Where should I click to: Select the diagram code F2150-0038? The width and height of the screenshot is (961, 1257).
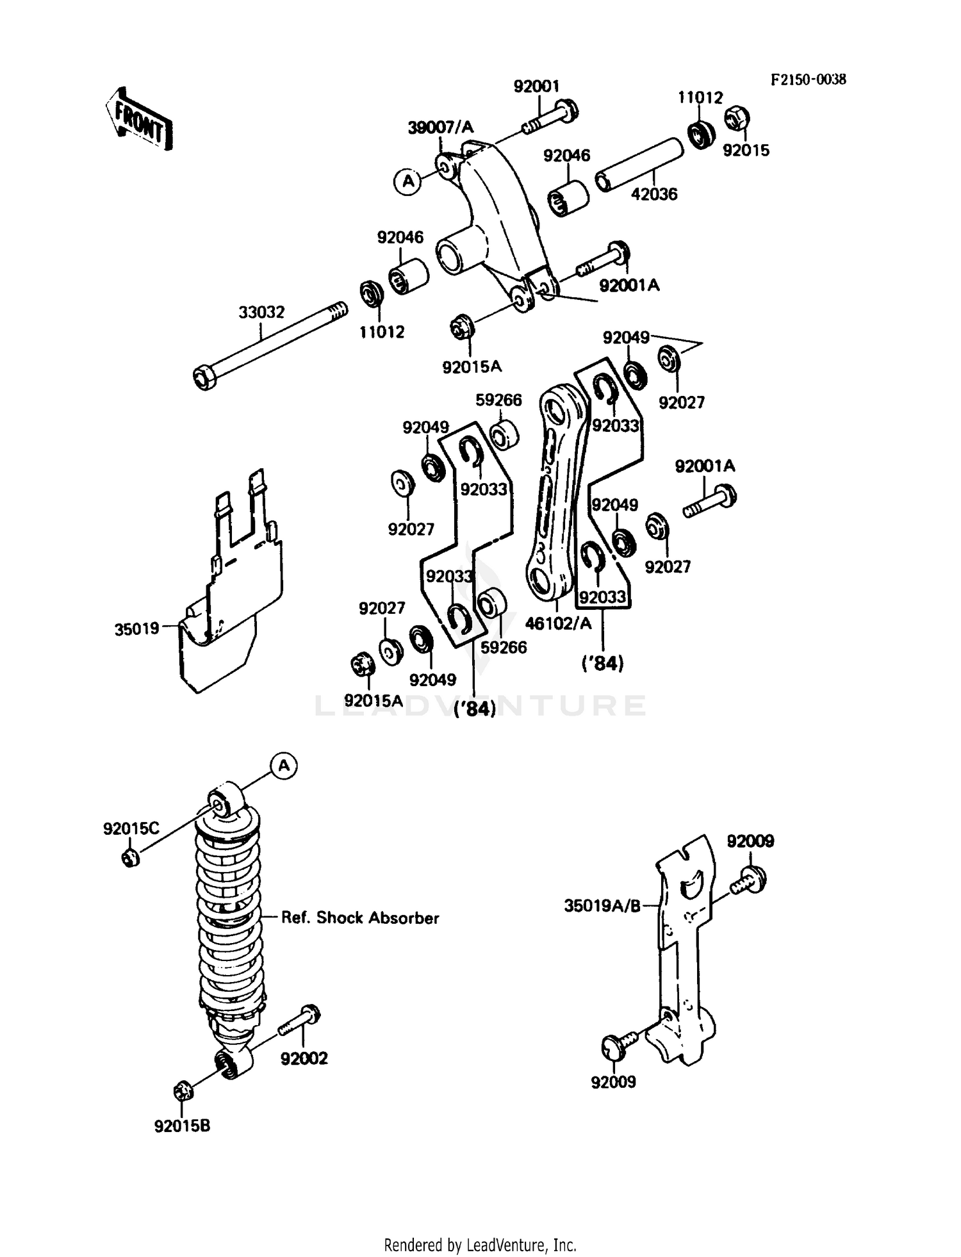click(807, 79)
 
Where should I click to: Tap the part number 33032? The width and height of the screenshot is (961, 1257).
click(261, 313)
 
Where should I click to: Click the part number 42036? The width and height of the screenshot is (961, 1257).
click(653, 194)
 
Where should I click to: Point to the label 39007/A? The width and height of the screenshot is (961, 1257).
click(440, 127)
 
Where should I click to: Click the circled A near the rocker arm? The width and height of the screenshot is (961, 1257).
click(407, 181)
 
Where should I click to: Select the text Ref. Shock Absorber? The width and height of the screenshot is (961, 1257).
click(360, 918)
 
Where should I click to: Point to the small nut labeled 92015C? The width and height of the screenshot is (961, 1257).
click(129, 857)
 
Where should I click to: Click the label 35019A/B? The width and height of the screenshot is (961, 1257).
click(602, 906)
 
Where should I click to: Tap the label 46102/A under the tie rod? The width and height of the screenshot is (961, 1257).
click(557, 623)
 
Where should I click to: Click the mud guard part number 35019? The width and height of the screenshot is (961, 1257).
click(136, 629)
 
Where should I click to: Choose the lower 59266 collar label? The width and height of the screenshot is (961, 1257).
click(504, 647)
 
